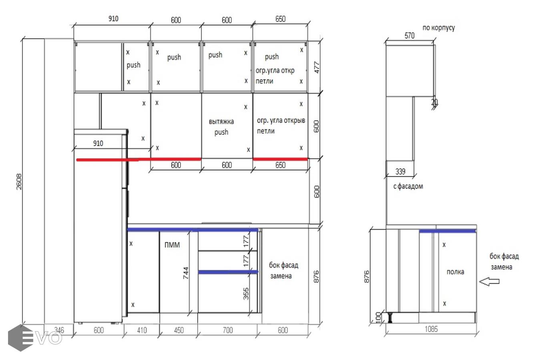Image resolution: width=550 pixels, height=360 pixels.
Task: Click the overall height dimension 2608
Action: coord(19,182)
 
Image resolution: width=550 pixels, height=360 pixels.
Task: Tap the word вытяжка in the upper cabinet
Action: coord(221,122)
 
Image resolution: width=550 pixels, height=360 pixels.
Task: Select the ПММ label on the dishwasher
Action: coord(172,245)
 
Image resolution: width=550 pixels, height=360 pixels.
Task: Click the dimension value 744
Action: coord(186,273)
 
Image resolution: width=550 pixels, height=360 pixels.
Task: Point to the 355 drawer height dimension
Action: coord(246,294)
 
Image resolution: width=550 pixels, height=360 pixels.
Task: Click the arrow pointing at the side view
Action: coord(489,282)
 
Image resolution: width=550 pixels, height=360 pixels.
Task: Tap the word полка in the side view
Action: coord(455,272)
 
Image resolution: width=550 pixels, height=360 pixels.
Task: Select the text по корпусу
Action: coord(439,28)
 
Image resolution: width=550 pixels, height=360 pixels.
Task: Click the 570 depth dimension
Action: coord(409,36)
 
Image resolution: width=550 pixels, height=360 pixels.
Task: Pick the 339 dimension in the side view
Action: coord(400,172)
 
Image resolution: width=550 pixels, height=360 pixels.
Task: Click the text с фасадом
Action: coord(408,186)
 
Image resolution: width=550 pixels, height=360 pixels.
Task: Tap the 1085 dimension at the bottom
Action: coord(431,329)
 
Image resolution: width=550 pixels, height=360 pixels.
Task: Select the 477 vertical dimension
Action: coord(317,67)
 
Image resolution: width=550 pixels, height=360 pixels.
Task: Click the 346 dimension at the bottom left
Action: coord(59,330)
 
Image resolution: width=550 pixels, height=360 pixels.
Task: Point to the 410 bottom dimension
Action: coord(142,330)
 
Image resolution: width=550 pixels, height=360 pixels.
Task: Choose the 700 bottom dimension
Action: coord(228,330)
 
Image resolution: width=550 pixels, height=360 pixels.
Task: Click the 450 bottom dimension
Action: coord(179,330)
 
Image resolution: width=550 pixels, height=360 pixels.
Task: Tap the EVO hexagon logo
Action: coord(21,338)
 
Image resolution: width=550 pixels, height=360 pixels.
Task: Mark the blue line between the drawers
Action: coord(228,272)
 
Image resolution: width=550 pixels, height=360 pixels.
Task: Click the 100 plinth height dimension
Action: coord(378,317)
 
